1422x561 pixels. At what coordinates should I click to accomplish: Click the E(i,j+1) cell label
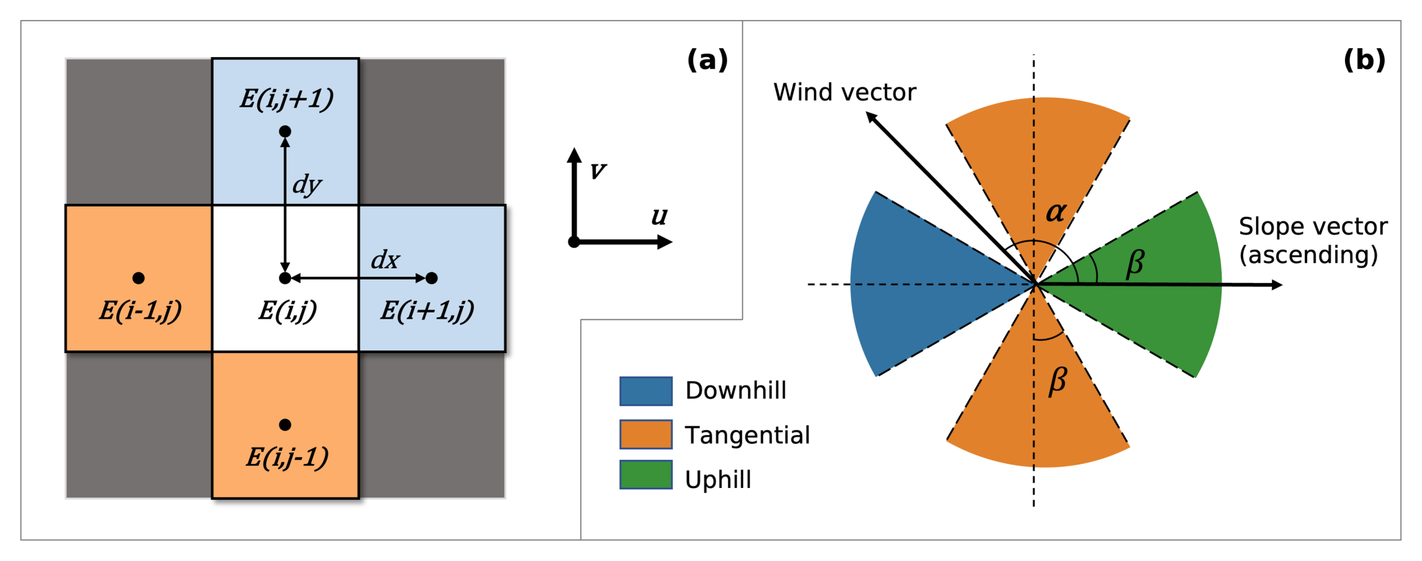click(x=286, y=99)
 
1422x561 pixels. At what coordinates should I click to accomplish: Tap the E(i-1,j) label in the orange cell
click(x=140, y=310)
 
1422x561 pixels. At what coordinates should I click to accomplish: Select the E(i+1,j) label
click(x=427, y=310)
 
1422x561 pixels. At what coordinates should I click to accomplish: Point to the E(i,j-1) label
click(x=287, y=457)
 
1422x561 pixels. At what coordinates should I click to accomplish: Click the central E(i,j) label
click(x=287, y=310)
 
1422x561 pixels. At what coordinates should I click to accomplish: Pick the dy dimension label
click(x=307, y=184)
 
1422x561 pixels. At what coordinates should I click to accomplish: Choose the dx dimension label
click(x=385, y=260)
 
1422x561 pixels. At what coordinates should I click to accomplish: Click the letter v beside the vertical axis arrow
click(x=598, y=170)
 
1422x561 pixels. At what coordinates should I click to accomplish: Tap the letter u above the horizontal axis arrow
click(x=659, y=216)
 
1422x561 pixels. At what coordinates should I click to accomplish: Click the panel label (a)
click(x=707, y=61)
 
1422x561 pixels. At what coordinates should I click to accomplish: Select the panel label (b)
click(x=1364, y=61)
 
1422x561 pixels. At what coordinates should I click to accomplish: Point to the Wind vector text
click(x=844, y=92)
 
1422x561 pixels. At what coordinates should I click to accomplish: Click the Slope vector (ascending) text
click(x=1313, y=240)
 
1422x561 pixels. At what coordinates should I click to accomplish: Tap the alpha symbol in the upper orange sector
click(x=1056, y=211)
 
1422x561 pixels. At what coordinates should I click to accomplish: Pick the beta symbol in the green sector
click(x=1134, y=264)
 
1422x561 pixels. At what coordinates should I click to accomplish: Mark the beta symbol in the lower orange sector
click(x=1057, y=381)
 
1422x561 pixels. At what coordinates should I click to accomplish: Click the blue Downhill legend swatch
click(x=645, y=391)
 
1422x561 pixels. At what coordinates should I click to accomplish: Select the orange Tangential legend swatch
click(x=645, y=434)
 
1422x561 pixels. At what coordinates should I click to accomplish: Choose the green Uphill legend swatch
click(x=645, y=475)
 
